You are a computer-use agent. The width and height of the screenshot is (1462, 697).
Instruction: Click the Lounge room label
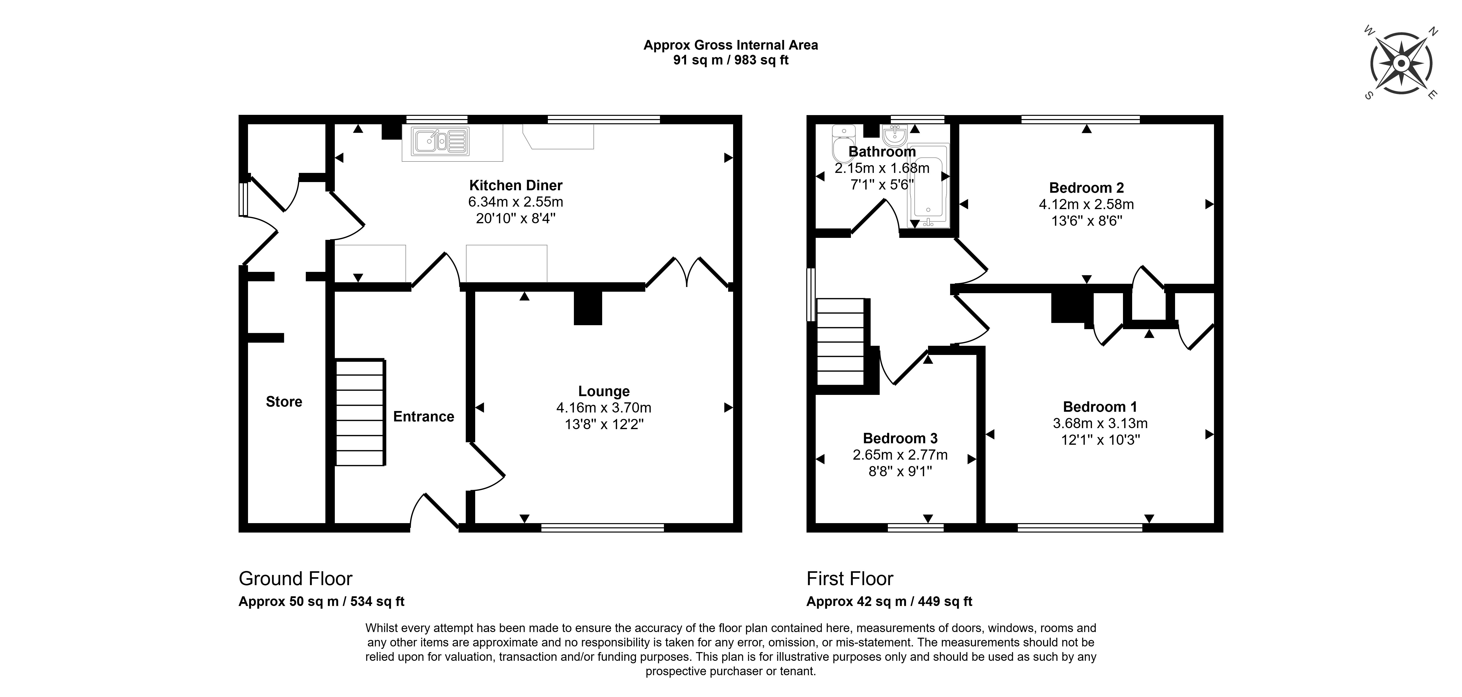pos(603,391)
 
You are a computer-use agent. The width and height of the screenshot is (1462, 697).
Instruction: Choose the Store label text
pos(284,402)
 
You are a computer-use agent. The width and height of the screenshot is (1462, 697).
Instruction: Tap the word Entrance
pos(423,417)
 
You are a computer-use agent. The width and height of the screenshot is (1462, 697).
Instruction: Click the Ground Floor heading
pos(295,578)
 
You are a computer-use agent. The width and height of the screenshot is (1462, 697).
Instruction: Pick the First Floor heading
pos(850,578)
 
